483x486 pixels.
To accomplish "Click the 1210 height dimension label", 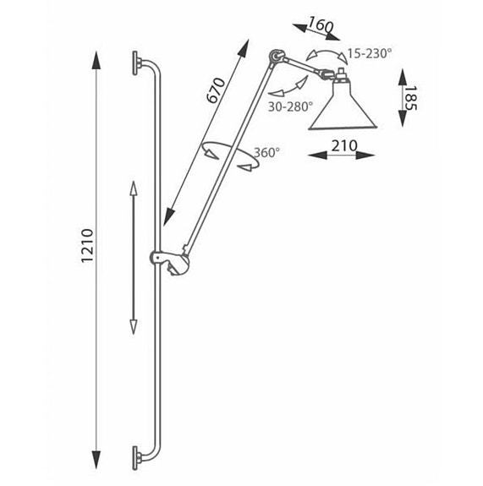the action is (x=87, y=246).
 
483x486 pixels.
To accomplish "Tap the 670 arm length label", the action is (x=216, y=90).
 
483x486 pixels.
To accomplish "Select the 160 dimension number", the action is (x=321, y=25).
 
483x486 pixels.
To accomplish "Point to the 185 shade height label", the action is (x=411, y=98).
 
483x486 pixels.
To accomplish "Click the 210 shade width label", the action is (x=344, y=145).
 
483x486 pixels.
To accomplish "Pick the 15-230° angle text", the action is (x=367, y=53).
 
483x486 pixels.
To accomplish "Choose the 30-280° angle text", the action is (x=290, y=106).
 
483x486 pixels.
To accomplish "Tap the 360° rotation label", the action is (x=266, y=152).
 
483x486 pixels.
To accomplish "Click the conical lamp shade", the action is (x=343, y=107).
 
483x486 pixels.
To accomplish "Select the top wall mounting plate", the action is (x=135, y=63).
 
